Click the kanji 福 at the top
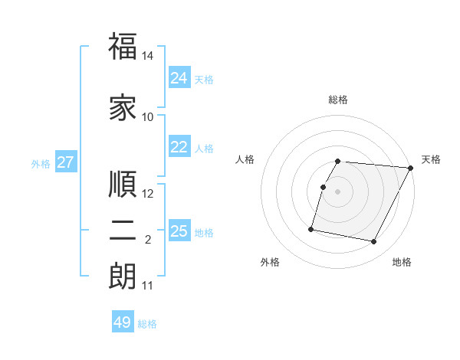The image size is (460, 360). tap(123, 47)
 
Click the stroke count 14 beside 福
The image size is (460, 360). tap(148, 56)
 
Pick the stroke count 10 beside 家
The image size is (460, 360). tap(148, 117)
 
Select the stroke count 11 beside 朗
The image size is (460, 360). tap(148, 286)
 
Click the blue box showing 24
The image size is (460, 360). tap(179, 77)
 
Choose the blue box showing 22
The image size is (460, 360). tap(179, 147)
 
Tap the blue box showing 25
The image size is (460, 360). tap(179, 231)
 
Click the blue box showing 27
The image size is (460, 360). tap(65, 162)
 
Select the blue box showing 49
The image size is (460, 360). tap(122, 322)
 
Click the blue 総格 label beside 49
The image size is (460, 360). tap(147, 324)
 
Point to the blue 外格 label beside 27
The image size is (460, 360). tap(41, 163)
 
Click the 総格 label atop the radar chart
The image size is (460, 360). tap(338, 100)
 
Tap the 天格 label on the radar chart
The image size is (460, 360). tap(431, 159)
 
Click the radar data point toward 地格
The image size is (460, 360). tap(374, 242)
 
